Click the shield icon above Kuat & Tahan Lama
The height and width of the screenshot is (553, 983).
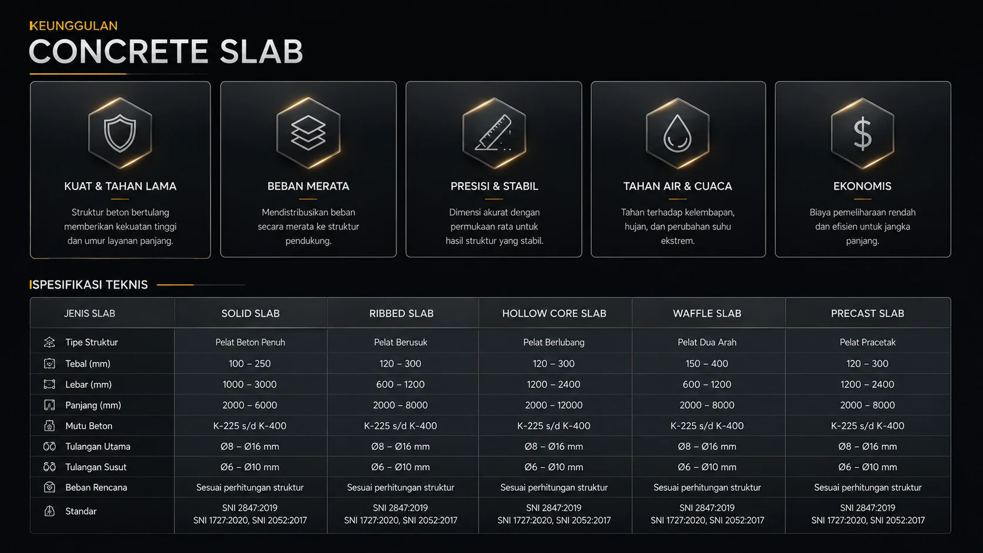[120, 133]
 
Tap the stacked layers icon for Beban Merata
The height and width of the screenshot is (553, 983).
[308, 133]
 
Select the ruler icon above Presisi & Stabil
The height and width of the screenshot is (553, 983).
[494, 133]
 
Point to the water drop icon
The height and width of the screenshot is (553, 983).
[677, 133]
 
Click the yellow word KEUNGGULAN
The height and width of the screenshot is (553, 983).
[73, 26]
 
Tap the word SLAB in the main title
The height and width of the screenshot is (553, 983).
[261, 51]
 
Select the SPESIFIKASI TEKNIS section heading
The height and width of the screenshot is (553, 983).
[89, 284]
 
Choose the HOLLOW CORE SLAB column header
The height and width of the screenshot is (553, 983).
[554, 313]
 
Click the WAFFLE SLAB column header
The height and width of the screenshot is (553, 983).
[707, 313]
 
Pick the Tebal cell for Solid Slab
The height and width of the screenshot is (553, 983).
[249, 364]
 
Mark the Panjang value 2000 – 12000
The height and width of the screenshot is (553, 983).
[553, 405]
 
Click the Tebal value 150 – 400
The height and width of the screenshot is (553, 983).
[707, 364]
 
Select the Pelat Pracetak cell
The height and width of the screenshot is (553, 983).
[867, 342]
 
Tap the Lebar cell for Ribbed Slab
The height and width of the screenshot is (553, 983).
[400, 384]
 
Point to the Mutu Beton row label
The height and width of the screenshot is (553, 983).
[89, 425]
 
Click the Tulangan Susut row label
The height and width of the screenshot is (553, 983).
[96, 467]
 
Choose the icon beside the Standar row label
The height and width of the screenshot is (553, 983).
[49, 511]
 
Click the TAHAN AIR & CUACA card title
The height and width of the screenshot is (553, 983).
[677, 186]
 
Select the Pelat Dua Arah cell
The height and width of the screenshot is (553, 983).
[707, 342]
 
